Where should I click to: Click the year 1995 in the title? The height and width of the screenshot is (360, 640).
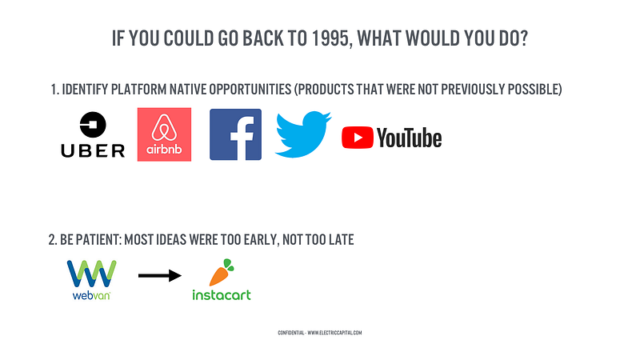click(x=330, y=38)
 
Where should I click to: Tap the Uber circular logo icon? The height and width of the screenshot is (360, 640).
click(x=93, y=125)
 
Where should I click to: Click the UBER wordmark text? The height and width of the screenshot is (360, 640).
click(x=93, y=151)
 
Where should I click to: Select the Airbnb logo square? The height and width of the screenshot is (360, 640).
click(x=164, y=134)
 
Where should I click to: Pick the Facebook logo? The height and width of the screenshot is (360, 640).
click(x=235, y=134)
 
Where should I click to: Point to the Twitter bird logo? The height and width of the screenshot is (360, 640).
click(x=303, y=134)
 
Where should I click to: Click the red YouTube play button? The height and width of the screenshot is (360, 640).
click(x=358, y=138)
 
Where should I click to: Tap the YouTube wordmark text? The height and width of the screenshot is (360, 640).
click(x=409, y=138)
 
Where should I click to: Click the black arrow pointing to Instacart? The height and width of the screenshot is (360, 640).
click(x=159, y=275)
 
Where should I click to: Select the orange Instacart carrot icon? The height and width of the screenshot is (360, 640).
click(x=221, y=273)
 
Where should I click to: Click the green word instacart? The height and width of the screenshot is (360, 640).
click(x=222, y=294)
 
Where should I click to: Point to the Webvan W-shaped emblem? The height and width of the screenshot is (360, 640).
click(x=91, y=274)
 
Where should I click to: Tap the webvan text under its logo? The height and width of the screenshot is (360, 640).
click(x=91, y=295)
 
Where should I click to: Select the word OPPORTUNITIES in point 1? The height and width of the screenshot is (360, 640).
click(x=250, y=89)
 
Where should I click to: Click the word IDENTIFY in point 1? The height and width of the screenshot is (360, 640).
click(x=85, y=89)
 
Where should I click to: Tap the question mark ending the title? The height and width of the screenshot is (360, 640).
click(x=523, y=38)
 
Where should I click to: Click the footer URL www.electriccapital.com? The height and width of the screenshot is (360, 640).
click(x=334, y=333)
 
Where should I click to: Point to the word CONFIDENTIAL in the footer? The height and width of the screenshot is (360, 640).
click(x=291, y=333)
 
